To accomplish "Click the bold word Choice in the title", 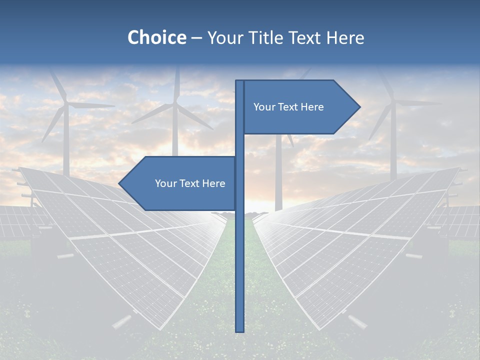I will [x=156, y=38].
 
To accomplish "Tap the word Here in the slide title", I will [x=345, y=38].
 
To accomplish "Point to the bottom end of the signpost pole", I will [x=240, y=330].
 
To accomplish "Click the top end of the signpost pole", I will [x=240, y=81].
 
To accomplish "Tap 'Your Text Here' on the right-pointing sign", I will [x=288, y=107].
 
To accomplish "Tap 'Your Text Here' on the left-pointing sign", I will [x=190, y=183].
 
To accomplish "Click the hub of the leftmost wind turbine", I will [x=66, y=104].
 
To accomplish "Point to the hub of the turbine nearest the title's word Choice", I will [x=175, y=104].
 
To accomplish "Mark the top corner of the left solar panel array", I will [x=20, y=168].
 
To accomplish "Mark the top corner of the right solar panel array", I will [x=459, y=168].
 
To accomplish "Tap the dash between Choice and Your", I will [x=196, y=38].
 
